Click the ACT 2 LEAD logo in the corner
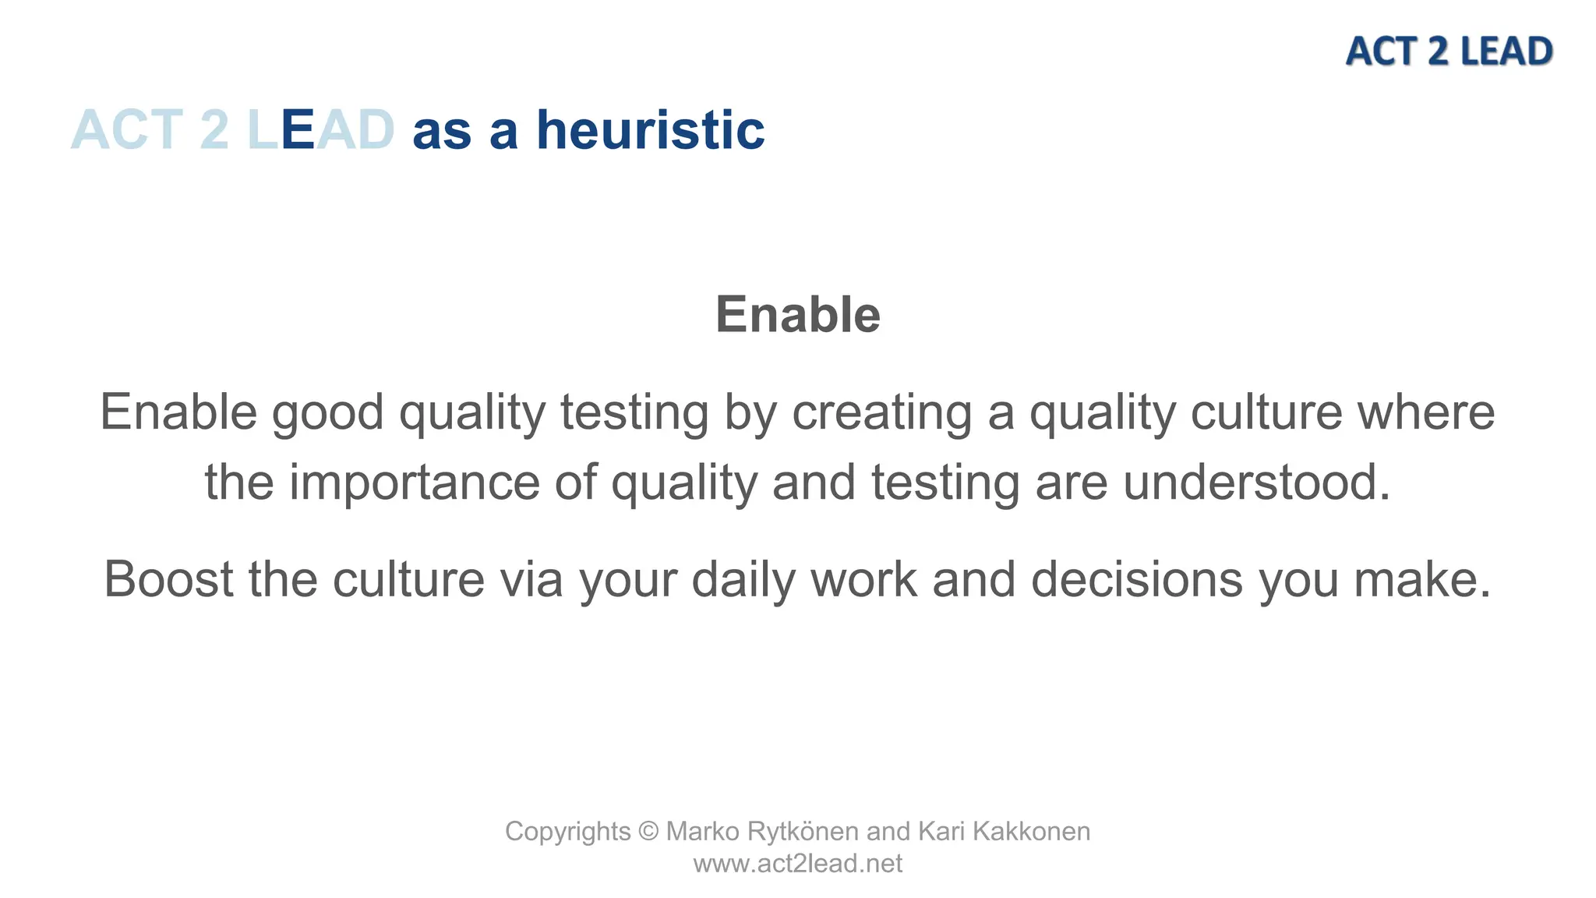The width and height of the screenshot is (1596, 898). (1448, 51)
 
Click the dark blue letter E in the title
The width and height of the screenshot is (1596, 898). (297, 130)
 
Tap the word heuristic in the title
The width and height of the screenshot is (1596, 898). (650, 130)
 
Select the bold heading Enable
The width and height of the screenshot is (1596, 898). (797, 315)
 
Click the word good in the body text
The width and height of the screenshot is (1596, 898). (327, 412)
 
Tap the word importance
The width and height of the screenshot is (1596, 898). (414, 483)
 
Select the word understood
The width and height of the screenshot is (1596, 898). (1255, 483)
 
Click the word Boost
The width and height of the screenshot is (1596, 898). (168, 580)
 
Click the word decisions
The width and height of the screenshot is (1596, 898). (1136, 580)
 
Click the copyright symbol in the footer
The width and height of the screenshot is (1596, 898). (648, 832)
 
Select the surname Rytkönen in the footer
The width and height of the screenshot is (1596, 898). (802, 832)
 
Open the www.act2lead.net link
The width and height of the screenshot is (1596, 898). (797, 864)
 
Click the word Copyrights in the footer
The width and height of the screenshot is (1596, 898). (567, 832)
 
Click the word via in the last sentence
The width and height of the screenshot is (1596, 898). (531, 580)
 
